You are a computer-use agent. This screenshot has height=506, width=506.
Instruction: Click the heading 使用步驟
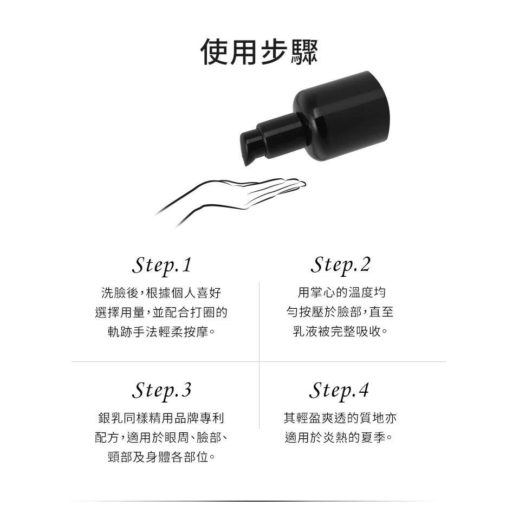coord(259,51)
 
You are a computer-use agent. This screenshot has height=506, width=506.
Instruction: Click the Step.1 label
coord(162,265)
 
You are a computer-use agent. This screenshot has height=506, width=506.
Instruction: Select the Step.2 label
coord(340,265)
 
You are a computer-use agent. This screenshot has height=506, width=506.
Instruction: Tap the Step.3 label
coord(162,391)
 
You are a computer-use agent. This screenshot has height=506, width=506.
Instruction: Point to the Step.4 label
coord(339,391)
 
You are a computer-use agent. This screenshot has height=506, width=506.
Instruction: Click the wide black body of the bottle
coord(341,115)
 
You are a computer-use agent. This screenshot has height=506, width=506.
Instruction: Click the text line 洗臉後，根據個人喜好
coord(161,293)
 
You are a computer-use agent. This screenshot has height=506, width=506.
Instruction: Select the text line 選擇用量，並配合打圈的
coord(161,312)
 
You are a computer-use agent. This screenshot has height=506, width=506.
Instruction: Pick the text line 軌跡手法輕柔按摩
coord(161,332)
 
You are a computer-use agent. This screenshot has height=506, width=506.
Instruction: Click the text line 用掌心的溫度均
coord(341,293)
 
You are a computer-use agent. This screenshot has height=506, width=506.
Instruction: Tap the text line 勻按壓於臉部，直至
coord(340,312)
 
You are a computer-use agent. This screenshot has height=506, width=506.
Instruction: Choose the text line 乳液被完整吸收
coord(340,331)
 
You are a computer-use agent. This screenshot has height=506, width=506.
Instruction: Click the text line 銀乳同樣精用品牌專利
coord(161,418)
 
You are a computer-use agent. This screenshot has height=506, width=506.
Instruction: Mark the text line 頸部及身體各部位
coord(161,457)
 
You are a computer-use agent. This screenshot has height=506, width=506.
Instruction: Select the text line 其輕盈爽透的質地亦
coord(340,418)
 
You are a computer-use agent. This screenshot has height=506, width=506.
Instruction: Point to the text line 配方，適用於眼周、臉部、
coord(161,438)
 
